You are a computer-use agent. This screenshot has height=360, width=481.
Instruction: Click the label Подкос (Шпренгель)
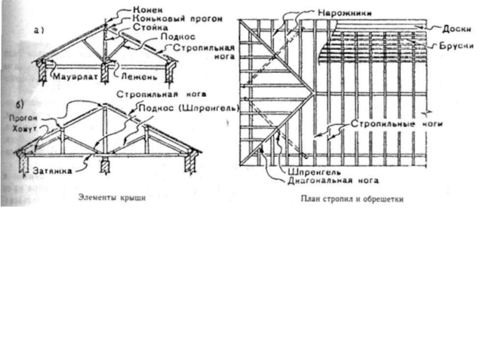coord(190,108)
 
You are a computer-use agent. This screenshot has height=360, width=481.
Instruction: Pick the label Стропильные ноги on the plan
coord(397,124)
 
